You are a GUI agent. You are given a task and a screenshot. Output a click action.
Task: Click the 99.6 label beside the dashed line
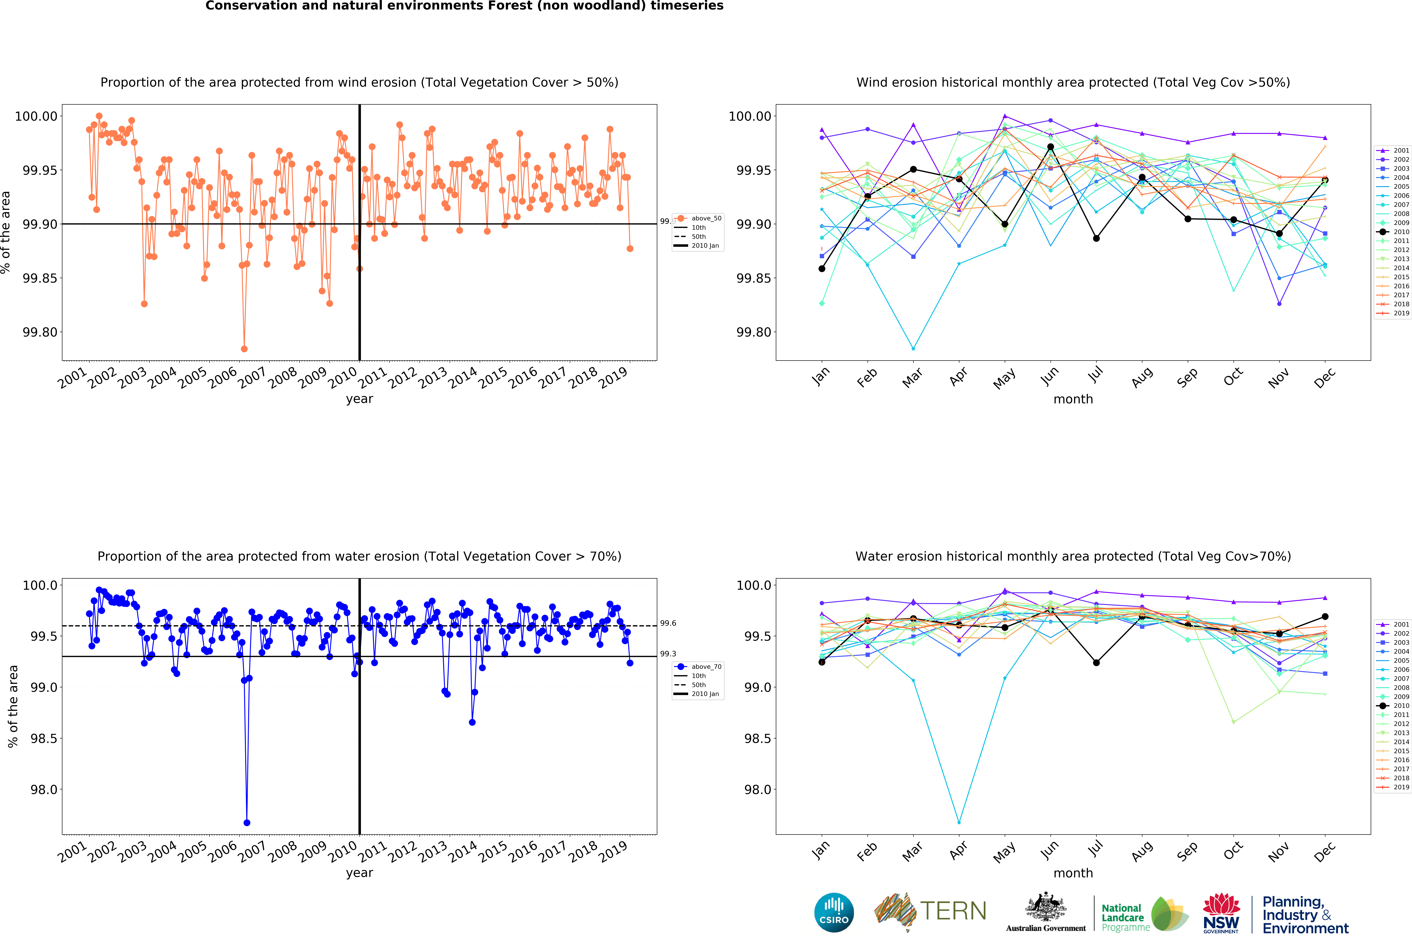point(668,623)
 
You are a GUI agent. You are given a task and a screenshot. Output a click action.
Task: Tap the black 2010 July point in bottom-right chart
point(1096,663)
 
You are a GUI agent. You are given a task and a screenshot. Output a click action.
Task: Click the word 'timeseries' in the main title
point(686,6)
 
